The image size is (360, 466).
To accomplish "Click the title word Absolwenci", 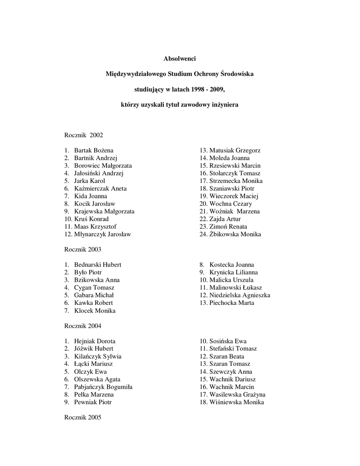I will coord(180,58).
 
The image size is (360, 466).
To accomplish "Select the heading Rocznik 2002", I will coord(84,135).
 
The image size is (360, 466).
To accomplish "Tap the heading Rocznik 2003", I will coord(82,249).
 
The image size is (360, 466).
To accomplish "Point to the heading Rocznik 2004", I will coord(82,326).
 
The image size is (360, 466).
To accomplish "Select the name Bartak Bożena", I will coord(94,150).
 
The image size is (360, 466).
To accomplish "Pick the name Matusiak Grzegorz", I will coord(235,150).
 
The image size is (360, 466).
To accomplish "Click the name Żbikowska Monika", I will coord(235,234).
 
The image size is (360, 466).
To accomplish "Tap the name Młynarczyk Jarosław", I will coord(102,234).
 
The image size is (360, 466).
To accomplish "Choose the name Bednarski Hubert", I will coord(97,265).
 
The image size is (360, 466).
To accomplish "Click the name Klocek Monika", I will coord(95,311).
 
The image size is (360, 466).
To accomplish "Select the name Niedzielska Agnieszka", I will coord(240,295).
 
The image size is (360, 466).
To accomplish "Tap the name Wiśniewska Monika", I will coord(237,402).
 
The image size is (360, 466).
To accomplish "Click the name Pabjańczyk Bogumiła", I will coord(103,387).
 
